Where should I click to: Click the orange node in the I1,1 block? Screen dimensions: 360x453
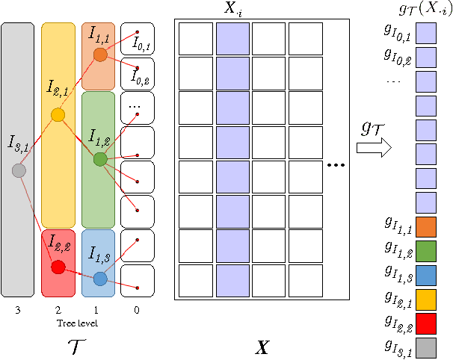tap(100, 55)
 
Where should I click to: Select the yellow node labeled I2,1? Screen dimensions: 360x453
tap(58, 115)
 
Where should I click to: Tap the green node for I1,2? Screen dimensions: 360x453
tap(100, 159)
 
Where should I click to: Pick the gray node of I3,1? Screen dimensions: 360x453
tap(20, 170)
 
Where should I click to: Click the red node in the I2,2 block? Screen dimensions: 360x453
tap(58, 267)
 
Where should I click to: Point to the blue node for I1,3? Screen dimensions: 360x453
tap(100, 279)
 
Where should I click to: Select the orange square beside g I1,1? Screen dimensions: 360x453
tap(425, 226)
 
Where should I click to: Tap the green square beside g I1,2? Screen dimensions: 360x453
tap(425, 250)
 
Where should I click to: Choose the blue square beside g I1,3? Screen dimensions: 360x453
tap(425, 274)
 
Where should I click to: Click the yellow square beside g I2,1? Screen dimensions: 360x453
tap(425, 299)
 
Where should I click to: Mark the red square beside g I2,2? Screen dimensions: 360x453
tap(425, 323)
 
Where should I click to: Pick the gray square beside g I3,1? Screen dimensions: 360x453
tap(425, 347)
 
